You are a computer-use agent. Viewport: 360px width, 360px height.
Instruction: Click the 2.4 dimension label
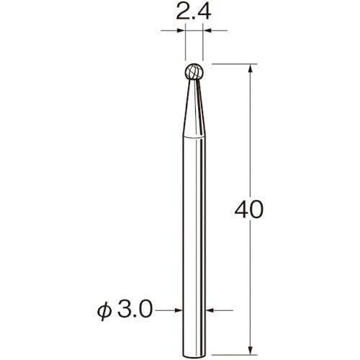pos(194,12)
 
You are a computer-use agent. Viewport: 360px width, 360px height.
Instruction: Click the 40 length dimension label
pos(249,210)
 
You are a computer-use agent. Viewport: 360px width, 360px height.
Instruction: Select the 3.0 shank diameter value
pos(135,310)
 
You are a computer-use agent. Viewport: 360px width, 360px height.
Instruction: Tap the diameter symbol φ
pos(104,311)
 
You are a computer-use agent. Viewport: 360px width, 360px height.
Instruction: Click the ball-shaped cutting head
pos(194,71)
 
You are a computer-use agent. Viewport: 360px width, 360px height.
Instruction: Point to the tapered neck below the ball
pos(194,108)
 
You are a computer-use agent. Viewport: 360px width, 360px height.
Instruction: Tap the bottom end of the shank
pos(194,356)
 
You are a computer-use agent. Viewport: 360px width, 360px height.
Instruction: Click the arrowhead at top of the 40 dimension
pos(251,68)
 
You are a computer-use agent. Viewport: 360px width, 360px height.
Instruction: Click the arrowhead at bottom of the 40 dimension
pos(251,350)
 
